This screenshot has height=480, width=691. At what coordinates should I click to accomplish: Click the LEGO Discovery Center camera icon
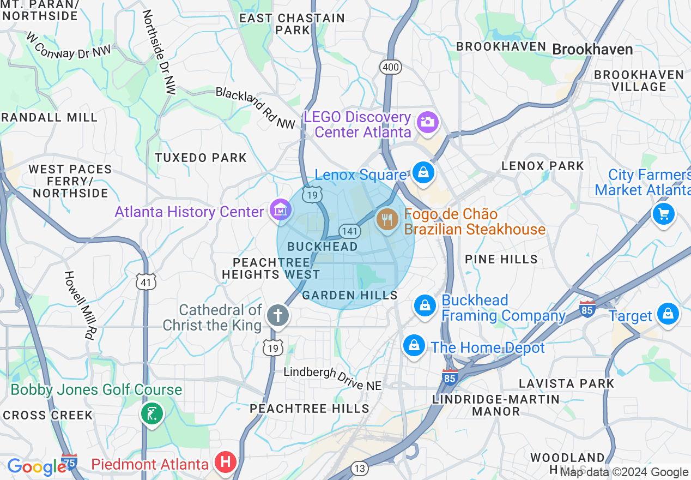428,122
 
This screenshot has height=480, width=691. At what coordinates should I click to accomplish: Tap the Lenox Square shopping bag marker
423,172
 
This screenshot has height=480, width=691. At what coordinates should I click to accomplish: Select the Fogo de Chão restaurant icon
387,220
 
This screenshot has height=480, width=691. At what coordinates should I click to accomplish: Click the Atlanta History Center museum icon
281,210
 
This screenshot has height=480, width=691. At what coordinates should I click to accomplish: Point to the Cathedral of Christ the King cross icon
277,315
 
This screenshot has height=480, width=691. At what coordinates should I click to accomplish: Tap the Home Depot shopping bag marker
414,346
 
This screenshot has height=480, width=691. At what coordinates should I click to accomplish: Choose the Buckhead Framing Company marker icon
425,305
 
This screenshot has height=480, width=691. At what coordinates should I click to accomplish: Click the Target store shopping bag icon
668,314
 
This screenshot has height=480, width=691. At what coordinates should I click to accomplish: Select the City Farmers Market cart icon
664,213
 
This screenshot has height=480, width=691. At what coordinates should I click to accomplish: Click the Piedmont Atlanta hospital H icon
225,463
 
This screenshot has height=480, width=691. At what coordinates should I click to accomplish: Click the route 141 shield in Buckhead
349,231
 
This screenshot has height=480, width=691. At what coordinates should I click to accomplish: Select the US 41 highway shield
146,281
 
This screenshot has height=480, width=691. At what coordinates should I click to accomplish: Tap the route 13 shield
360,469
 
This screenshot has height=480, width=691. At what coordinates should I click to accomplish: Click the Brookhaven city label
592,50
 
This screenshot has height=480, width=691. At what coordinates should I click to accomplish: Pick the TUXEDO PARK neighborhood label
201,158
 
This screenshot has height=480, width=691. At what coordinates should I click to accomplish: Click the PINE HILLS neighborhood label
501,259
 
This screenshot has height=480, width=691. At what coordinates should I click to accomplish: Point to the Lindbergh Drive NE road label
332,379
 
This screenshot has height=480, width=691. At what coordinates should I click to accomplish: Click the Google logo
37,467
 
